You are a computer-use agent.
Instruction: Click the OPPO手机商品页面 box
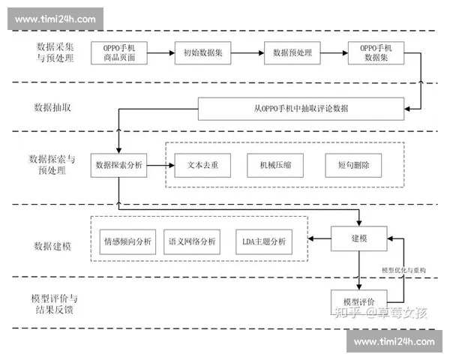click(x=124, y=52)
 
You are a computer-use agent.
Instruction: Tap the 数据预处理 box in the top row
click(x=292, y=52)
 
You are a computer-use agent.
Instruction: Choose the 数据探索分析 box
click(x=119, y=164)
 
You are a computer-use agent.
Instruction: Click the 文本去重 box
click(x=201, y=164)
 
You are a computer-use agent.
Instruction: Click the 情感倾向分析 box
click(x=127, y=241)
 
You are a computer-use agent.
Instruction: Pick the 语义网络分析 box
click(x=193, y=241)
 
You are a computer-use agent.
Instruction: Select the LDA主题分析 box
click(x=263, y=241)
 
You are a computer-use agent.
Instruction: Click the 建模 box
click(x=359, y=238)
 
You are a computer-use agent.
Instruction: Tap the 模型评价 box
click(x=359, y=300)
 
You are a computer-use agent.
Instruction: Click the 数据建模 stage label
click(x=52, y=245)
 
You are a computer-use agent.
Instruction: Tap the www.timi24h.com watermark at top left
click(x=55, y=19)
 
